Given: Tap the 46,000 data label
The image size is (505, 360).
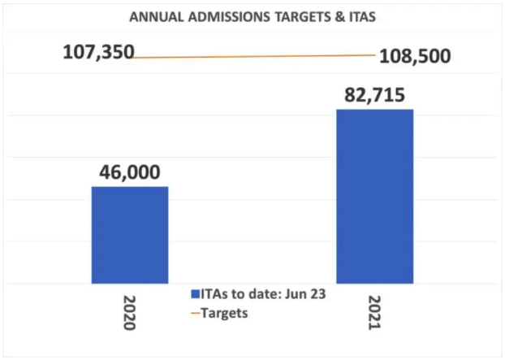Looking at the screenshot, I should [x=130, y=172].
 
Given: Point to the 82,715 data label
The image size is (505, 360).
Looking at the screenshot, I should [x=375, y=93].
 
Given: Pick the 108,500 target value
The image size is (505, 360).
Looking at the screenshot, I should [x=413, y=57].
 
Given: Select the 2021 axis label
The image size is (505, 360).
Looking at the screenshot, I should [x=376, y=313].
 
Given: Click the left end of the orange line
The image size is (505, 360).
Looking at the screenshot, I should [x=136, y=58].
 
